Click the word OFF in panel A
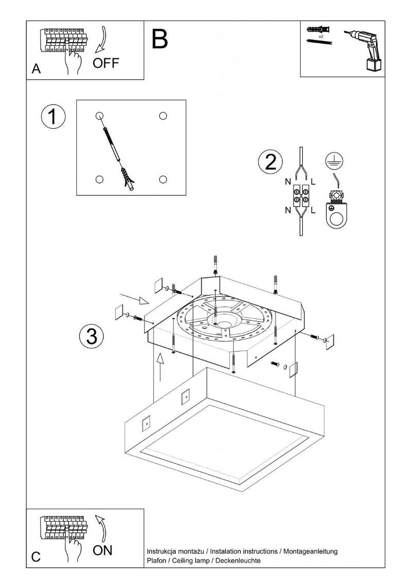106,63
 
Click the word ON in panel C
102,551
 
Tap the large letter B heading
160,39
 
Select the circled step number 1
53,117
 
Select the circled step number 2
270,162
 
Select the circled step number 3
92,336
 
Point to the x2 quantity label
320,37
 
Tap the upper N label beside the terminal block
287,182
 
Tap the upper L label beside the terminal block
314,182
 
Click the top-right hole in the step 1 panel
163,115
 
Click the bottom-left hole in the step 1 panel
99,179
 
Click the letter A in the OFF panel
36,69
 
